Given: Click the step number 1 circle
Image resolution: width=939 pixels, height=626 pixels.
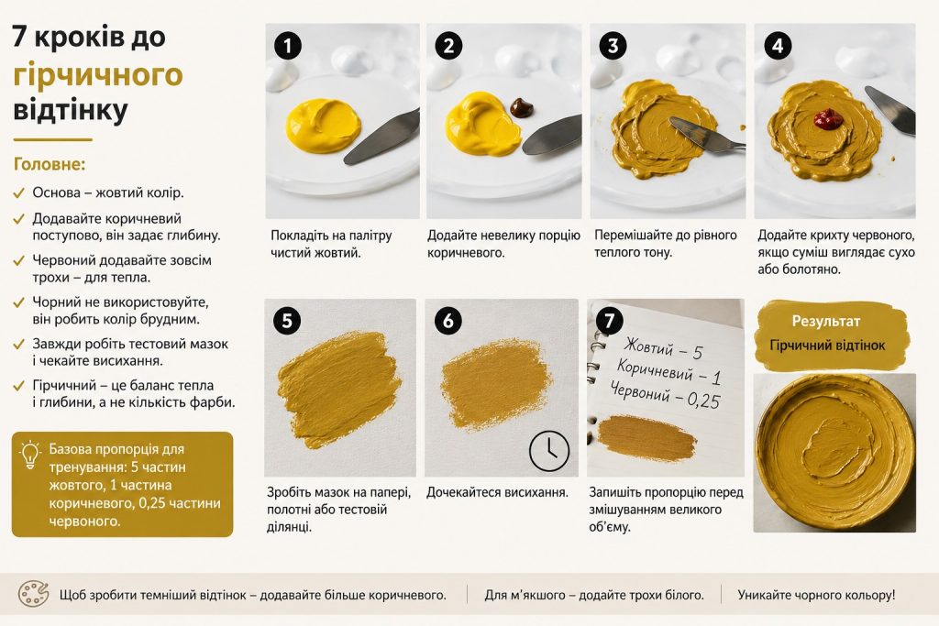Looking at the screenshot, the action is (287, 46).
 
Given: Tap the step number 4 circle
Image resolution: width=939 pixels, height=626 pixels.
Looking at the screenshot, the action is (778, 46).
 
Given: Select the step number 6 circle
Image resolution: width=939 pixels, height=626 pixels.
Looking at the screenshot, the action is (447, 322).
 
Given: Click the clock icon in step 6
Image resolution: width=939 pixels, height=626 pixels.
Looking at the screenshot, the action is (549, 451).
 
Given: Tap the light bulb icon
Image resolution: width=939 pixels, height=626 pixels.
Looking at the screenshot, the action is (29, 455).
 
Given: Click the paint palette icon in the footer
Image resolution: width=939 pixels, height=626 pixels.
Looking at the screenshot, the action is (33, 594).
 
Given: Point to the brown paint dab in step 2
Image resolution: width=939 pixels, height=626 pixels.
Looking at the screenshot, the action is (521, 107).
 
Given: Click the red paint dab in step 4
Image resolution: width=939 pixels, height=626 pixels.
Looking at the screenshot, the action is (828, 118).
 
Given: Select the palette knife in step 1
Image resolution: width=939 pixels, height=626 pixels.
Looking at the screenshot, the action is (381, 137).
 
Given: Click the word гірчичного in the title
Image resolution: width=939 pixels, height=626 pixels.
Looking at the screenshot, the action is (97, 74).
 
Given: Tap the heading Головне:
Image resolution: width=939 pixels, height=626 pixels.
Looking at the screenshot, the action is (50, 164).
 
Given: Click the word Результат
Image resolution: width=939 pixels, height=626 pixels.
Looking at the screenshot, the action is (826, 322).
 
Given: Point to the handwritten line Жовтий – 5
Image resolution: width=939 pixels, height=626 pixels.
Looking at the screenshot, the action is (663, 348).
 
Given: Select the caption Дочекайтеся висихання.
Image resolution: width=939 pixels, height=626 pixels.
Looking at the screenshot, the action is (497, 492).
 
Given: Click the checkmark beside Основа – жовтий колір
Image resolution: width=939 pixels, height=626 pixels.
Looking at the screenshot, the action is (18, 192).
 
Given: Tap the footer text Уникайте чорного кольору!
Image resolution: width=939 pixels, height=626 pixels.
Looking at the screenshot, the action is (816, 595).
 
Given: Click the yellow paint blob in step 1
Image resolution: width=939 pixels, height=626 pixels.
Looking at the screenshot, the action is (324, 126).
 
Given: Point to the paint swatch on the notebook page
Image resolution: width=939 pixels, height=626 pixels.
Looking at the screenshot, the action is (646, 438).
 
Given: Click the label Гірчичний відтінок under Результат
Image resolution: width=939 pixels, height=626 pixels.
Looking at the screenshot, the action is (827, 346).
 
